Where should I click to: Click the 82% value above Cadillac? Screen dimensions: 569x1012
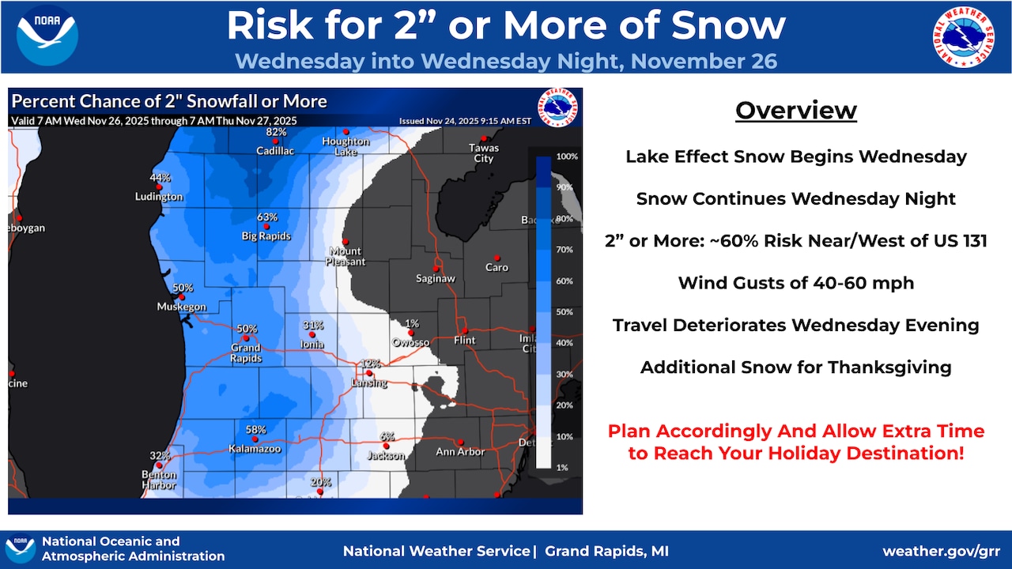[x=276, y=131]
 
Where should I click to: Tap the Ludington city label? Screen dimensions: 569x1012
[x=159, y=197]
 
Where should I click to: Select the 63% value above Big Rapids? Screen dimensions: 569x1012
[x=266, y=217]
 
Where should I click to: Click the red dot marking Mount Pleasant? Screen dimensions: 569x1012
[x=345, y=242]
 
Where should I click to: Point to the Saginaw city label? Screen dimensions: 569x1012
[x=436, y=279]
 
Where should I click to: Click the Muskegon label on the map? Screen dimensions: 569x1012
[x=181, y=307]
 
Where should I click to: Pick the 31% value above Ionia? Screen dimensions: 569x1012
[x=313, y=325]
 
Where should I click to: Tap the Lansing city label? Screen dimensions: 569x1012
[x=369, y=383]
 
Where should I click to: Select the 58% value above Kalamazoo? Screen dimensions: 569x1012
[x=255, y=430]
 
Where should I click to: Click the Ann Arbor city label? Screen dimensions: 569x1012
[x=460, y=452]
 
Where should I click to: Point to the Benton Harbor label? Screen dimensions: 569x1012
[x=159, y=480]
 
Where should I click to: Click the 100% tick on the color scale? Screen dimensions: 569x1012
[x=567, y=156]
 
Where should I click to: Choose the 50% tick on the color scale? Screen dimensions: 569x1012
[x=565, y=312]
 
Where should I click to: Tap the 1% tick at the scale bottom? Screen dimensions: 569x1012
[x=562, y=468]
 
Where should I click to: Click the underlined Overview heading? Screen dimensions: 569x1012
[x=795, y=111]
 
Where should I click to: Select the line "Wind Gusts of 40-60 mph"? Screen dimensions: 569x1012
[x=795, y=283]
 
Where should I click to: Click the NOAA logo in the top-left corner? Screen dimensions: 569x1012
[x=47, y=36]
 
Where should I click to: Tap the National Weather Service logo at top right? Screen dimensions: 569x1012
[x=965, y=36]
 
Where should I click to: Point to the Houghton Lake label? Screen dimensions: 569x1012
[x=346, y=146]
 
